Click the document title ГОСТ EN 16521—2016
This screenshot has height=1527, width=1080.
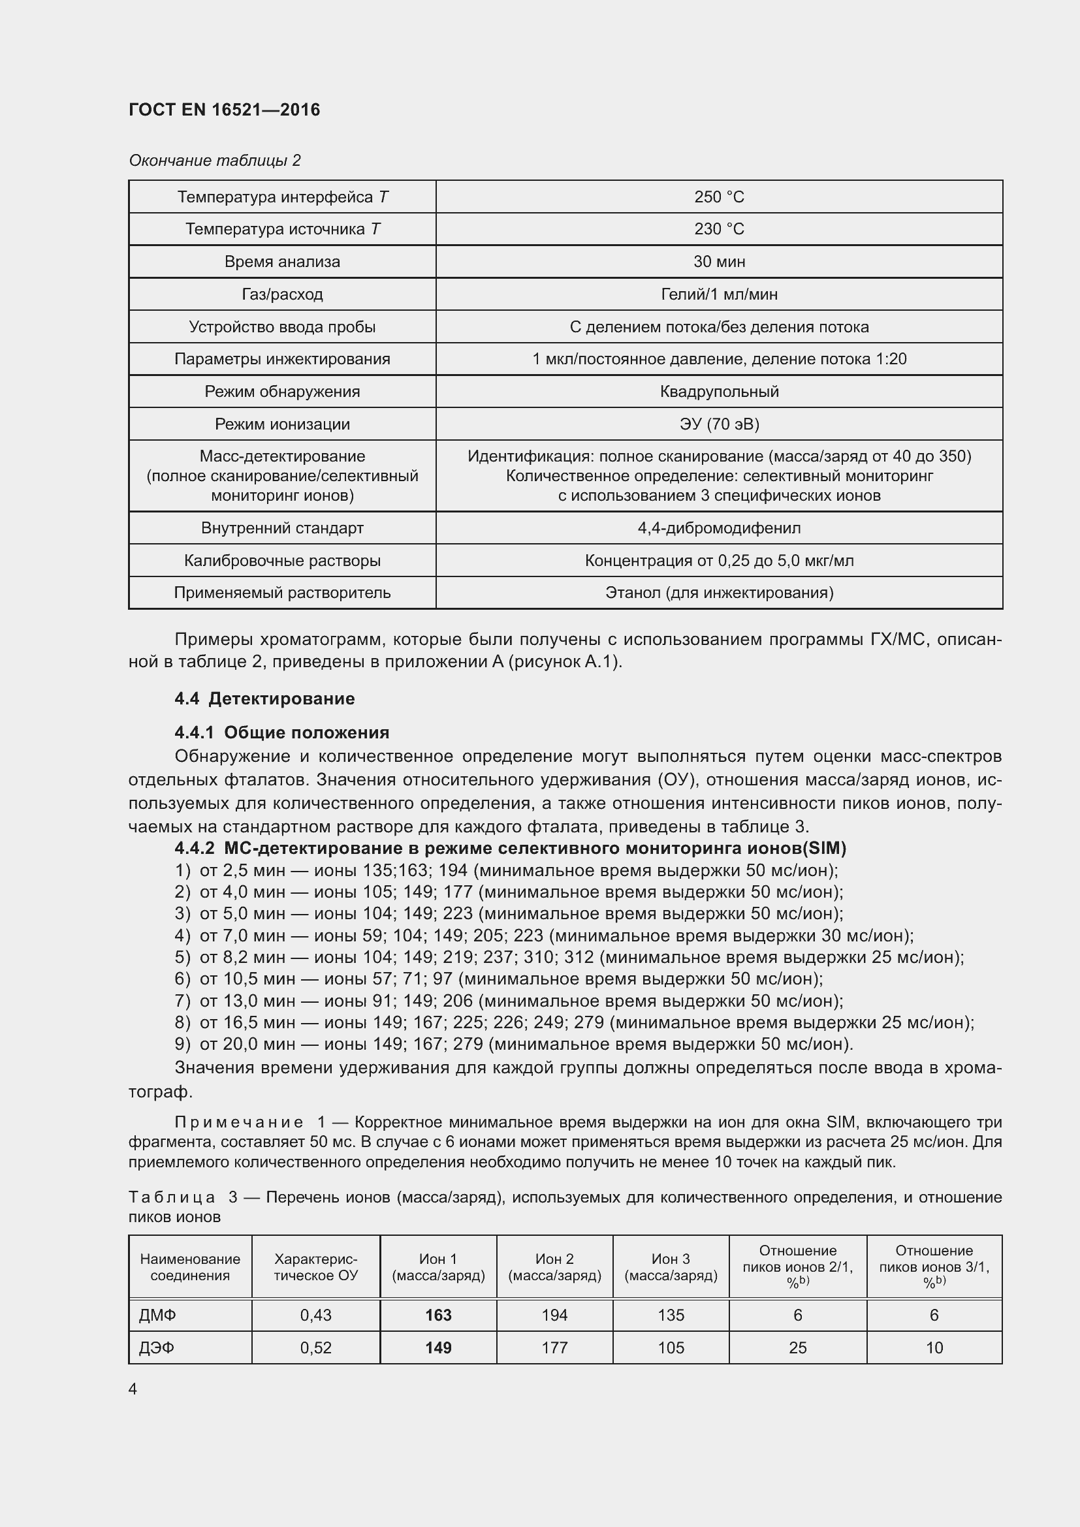click(x=224, y=110)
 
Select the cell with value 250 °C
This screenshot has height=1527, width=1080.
click(x=719, y=197)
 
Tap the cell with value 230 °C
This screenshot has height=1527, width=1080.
click(x=719, y=228)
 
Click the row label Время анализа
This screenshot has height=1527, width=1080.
click(x=282, y=261)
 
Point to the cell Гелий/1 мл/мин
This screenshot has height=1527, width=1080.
click(x=719, y=294)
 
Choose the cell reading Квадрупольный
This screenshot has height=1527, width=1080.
click(x=719, y=391)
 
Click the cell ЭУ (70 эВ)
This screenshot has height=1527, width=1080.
click(x=719, y=424)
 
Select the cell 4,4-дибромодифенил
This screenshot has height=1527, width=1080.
click(x=719, y=527)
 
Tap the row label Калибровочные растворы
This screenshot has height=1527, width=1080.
click(x=282, y=560)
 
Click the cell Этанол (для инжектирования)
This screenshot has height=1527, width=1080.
click(x=719, y=592)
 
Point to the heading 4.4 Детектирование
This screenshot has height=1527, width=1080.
click(x=264, y=699)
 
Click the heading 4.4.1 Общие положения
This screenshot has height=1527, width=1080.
click(x=282, y=732)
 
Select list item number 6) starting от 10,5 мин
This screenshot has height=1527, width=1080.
click(x=499, y=979)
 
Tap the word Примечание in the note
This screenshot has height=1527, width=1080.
click(x=238, y=1122)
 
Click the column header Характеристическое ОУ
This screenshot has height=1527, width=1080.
click(x=316, y=1267)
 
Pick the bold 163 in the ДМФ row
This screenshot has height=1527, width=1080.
click(x=438, y=1315)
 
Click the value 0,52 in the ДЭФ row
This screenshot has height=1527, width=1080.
click(x=316, y=1347)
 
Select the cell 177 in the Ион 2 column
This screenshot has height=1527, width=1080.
click(x=554, y=1347)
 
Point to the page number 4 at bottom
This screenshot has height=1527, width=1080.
click(x=133, y=1389)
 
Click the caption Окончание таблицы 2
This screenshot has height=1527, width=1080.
click(x=214, y=161)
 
